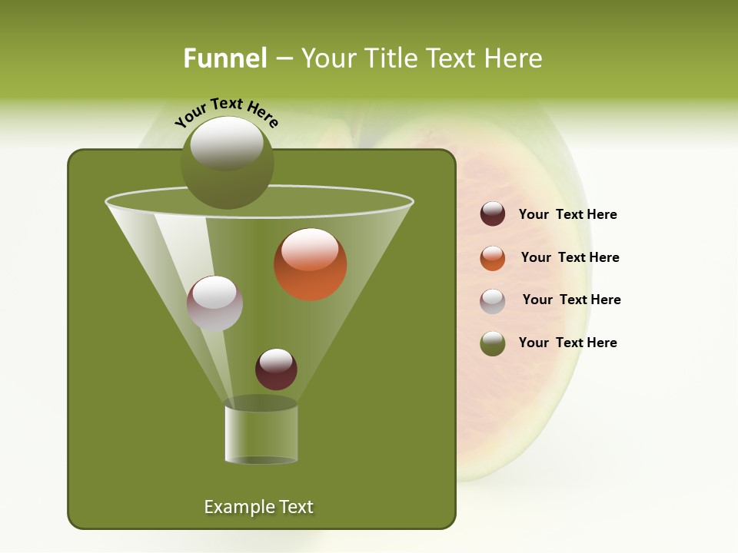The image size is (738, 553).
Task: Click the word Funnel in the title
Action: (224, 58)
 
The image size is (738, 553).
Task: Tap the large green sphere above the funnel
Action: (227, 163)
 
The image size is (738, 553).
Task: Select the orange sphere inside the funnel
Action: (311, 266)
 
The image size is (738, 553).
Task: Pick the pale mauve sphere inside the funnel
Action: (214, 304)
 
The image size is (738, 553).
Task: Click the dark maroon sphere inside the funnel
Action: (276, 369)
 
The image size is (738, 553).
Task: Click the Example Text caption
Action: (258, 507)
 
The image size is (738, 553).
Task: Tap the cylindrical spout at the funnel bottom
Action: (261, 434)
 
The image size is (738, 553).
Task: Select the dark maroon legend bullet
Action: (493, 214)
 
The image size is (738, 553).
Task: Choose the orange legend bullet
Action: (493, 258)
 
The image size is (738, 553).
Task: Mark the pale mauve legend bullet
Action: (493, 301)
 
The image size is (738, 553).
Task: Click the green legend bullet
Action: (493, 343)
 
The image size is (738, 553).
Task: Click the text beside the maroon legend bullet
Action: (567, 215)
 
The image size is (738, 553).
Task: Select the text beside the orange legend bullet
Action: (570, 257)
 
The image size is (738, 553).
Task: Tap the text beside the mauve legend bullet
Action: (571, 300)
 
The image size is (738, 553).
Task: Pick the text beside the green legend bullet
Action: (567, 343)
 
